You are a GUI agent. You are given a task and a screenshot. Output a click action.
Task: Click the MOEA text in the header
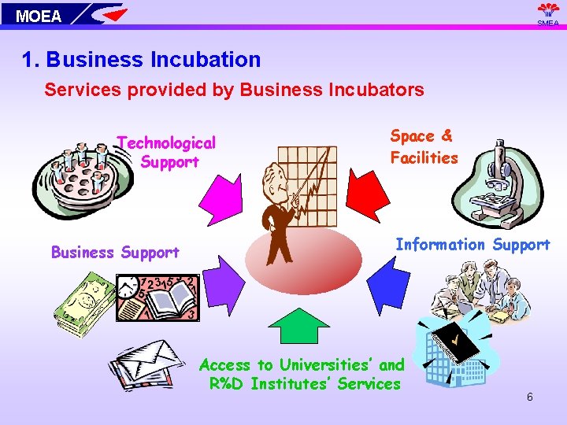click(x=39, y=16)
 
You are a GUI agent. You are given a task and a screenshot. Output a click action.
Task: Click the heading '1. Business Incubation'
click(x=142, y=60)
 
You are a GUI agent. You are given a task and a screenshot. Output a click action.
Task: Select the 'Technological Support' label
click(x=167, y=152)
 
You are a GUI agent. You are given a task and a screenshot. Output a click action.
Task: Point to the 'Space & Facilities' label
click(x=424, y=146)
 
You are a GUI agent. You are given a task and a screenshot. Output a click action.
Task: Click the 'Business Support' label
click(x=115, y=253)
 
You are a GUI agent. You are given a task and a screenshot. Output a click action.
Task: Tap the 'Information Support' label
click(x=472, y=245)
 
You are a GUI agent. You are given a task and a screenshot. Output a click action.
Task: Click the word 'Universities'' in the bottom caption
click(x=324, y=365)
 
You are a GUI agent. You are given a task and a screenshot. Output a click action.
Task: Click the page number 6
click(x=530, y=397)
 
